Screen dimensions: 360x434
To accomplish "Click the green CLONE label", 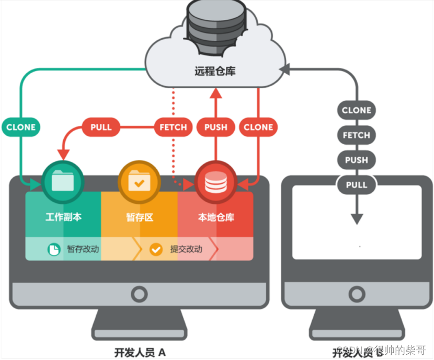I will coord(21,127).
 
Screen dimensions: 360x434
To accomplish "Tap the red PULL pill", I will coord(101,127).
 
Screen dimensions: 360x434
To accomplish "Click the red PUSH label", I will coord(215,127).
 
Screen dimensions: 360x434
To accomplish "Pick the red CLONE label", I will coord(258,127).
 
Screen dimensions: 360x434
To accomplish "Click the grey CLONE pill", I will coord(356,110).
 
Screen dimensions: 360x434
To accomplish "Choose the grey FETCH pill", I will coord(356,135).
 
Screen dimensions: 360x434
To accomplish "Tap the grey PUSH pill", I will coord(356,160).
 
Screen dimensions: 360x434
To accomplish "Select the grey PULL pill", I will coord(356,184).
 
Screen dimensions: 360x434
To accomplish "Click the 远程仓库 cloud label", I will coord(215,70).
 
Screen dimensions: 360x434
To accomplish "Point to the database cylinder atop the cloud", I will coord(215,24).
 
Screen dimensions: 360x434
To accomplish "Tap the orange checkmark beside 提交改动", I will coord(156,249).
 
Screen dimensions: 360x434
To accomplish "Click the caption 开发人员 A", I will coord(140,351).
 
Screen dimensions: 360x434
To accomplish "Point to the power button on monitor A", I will coord(139,294).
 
